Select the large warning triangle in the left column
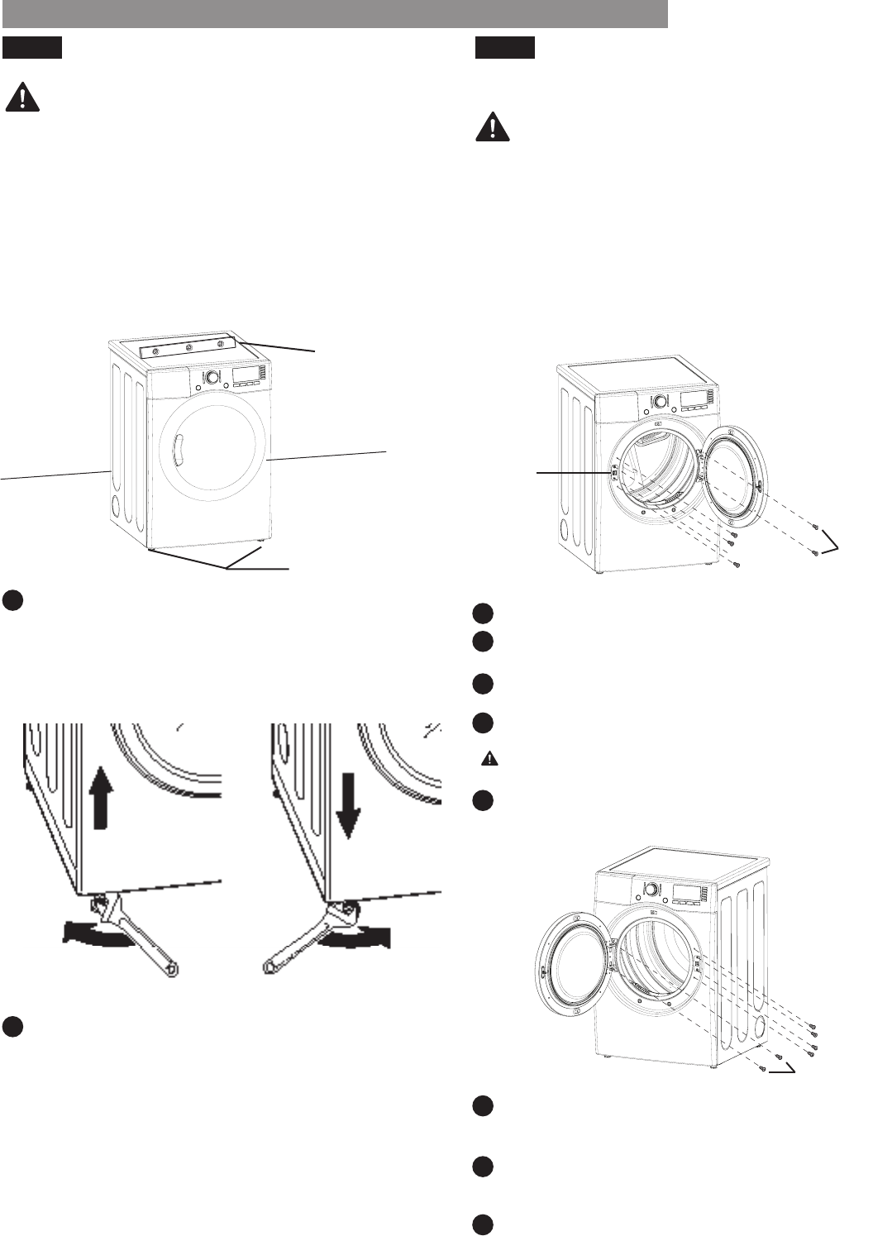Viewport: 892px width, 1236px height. point(22,98)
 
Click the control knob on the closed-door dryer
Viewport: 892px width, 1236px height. point(212,378)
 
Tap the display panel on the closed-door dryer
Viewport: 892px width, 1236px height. point(246,375)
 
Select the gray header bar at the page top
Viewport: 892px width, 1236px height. point(334,14)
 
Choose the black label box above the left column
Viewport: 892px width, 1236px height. point(32,48)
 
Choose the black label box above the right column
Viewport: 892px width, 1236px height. point(505,48)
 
